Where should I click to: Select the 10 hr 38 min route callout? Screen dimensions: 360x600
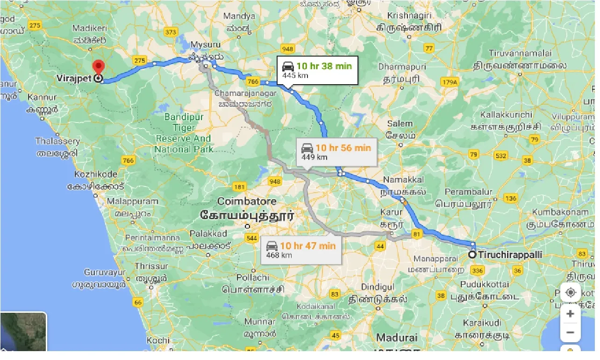(x=317, y=70)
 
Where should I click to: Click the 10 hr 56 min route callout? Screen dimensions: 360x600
(x=336, y=152)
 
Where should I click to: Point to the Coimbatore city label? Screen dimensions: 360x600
(x=247, y=202)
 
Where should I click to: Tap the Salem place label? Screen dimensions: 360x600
(x=400, y=124)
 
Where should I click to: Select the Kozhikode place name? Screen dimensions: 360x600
(x=96, y=174)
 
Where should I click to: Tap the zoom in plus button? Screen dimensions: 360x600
(x=570, y=314)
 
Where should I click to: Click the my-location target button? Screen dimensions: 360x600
(x=570, y=293)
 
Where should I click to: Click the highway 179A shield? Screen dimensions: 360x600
(x=450, y=83)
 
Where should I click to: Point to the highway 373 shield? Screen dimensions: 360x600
(x=171, y=32)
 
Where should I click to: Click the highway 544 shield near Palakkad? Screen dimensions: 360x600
(x=251, y=238)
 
